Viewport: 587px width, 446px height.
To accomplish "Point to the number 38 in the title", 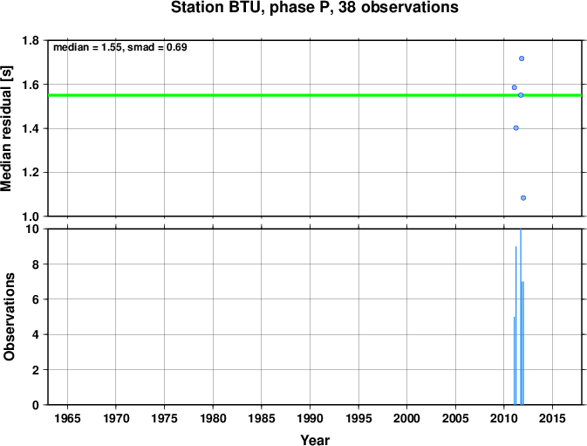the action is click(346, 7).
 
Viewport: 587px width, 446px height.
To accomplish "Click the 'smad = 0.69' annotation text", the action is click(157, 47).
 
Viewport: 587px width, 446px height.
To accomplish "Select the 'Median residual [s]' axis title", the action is click(7, 128).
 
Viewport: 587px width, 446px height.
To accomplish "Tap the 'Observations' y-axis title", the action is click(8, 317).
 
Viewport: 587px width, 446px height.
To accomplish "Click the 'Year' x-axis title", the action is click(315, 440).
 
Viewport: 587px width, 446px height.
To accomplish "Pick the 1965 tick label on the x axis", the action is click(67, 418).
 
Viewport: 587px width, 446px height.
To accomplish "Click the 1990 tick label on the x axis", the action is click(310, 418).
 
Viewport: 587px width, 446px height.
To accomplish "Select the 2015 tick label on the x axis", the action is click(552, 418).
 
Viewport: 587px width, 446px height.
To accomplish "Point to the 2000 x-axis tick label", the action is click(407, 418).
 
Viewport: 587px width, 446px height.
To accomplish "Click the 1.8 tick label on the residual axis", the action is click(31, 40).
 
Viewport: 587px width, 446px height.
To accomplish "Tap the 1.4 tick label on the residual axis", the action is click(31, 128).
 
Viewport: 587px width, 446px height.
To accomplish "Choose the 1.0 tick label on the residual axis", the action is click(31, 216).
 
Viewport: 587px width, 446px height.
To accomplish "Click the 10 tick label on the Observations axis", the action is click(32, 229).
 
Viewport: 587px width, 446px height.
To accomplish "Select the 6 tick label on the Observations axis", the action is click(36, 299).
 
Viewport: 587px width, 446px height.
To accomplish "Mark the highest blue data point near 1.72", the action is click(522, 58).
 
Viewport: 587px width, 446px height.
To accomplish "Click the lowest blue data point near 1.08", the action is click(523, 198).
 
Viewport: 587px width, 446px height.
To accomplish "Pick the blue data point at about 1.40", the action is click(515, 127).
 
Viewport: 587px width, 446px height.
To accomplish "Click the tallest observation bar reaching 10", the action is click(521, 317).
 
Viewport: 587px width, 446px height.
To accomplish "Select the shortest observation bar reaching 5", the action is click(515, 360).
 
